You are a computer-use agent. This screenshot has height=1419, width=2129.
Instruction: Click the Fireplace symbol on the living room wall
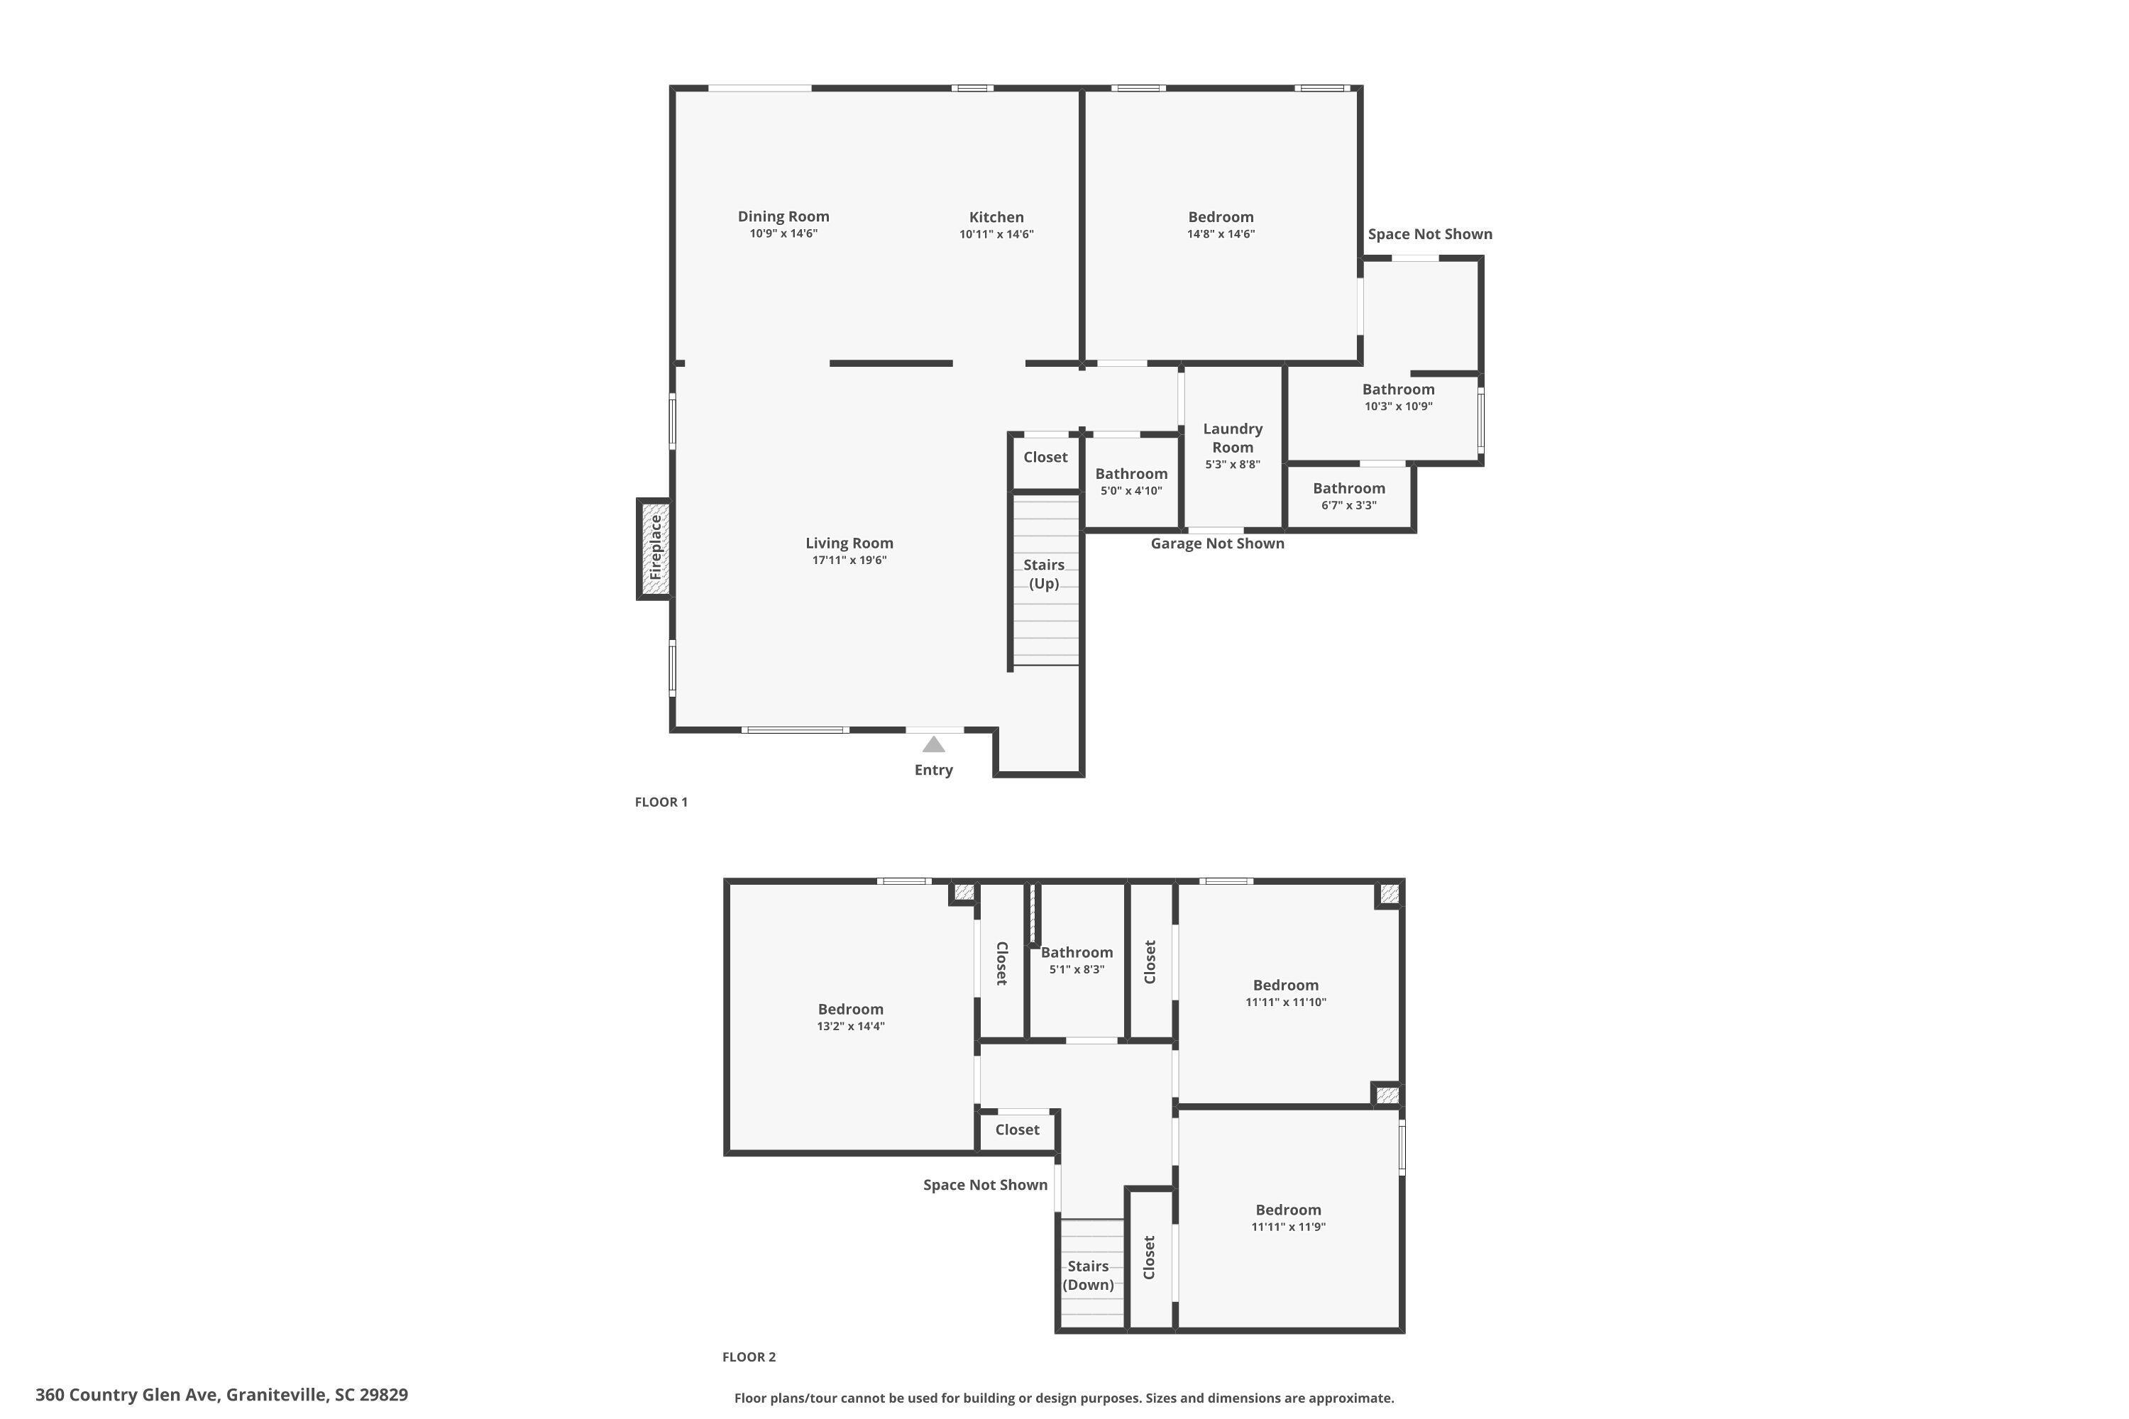pos(654,548)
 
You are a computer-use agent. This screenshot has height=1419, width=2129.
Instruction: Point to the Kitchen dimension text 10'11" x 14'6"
pos(996,234)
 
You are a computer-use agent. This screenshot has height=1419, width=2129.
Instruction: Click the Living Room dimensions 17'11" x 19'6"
pos(849,561)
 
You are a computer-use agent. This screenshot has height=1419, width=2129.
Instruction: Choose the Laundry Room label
pos(1233,438)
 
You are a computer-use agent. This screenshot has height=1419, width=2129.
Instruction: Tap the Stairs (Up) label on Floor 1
pos(1044,574)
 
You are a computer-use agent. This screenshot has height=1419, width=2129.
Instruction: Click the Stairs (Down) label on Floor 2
pos(1088,1275)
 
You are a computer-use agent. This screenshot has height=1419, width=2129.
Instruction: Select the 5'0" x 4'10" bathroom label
pos(1131,482)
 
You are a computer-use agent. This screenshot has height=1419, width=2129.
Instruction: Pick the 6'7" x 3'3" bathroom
pos(1349,496)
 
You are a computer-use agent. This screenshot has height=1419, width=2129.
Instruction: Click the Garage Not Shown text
pos(1218,543)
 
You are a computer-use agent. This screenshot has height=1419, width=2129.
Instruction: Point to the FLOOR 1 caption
pos(661,802)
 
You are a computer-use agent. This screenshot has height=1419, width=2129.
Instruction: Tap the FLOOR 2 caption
pos(749,1357)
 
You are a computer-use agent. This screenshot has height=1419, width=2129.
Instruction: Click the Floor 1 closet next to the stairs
pos(1045,457)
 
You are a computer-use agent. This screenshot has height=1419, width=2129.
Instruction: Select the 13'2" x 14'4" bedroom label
pos(851,1017)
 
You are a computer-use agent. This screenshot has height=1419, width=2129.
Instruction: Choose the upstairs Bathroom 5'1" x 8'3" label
pos(1077,960)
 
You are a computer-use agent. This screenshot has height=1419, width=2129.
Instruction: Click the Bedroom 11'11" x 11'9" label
pos(1288,1218)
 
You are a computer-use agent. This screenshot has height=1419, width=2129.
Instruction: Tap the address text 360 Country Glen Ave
pos(127,1395)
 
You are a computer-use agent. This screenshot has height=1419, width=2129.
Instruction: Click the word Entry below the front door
pos(933,770)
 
